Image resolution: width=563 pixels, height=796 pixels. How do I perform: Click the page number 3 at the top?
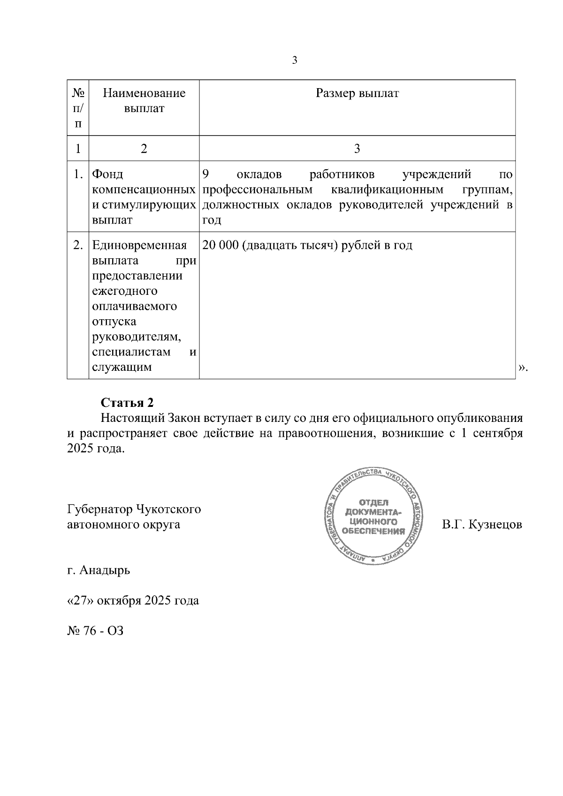tap(295, 60)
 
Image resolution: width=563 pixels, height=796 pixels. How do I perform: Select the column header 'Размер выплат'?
tap(357, 93)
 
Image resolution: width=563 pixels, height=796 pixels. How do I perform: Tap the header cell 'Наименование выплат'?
tap(144, 101)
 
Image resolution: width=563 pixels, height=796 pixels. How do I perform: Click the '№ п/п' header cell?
tap(78, 108)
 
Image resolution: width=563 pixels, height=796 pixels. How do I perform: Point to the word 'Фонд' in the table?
tap(107, 175)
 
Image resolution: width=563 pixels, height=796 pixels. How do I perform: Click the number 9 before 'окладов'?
tap(205, 175)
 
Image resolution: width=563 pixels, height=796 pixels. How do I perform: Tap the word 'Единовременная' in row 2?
tap(139, 245)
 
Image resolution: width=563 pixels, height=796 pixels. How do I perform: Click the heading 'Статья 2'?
tap(127, 403)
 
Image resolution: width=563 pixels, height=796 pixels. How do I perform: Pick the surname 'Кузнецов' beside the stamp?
tap(495, 524)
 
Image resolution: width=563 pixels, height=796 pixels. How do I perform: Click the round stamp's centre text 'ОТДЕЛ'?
tap(373, 503)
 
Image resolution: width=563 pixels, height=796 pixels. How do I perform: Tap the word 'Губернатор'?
tap(99, 509)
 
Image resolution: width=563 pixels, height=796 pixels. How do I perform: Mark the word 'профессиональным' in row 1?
tap(257, 190)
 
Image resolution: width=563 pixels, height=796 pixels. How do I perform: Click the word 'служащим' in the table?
tap(122, 367)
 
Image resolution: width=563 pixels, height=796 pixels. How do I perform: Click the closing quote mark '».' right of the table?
tap(523, 369)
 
